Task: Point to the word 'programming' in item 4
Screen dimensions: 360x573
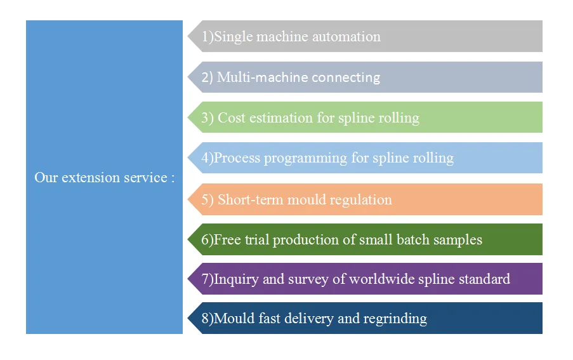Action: click(x=310, y=158)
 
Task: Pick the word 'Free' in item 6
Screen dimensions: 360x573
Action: click(x=227, y=240)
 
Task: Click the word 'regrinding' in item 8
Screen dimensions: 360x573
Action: click(x=395, y=319)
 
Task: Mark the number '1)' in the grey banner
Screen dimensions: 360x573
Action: click(x=207, y=37)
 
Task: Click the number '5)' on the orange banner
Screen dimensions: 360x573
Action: click(x=207, y=199)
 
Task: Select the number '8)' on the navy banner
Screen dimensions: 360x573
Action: click(x=207, y=319)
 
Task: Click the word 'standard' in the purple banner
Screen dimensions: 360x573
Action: click(x=482, y=279)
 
